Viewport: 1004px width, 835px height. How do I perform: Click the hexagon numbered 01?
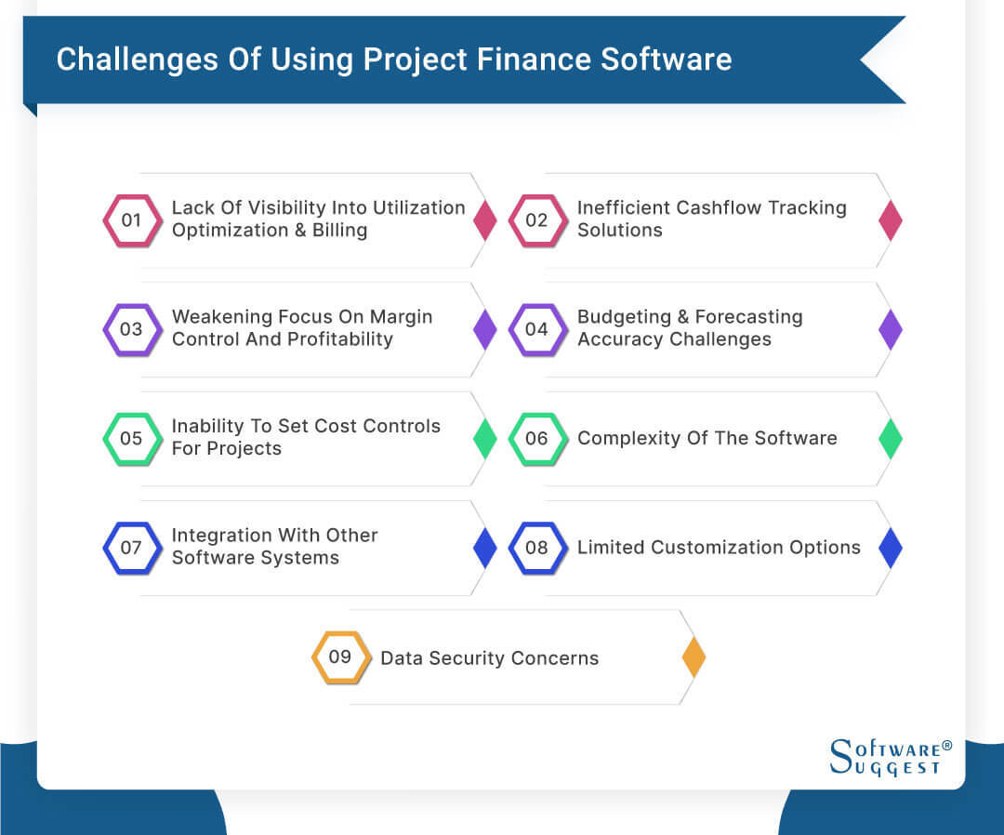pyautogui.click(x=132, y=220)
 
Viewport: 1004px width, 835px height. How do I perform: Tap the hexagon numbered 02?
pyautogui.click(x=537, y=220)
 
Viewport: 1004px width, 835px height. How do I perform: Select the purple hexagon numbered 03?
pyautogui.click(x=132, y=329)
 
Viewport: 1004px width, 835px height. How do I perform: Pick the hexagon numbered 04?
pyautogui.click(x=537, y=329)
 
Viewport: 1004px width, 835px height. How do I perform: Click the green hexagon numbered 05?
pyautogui.click(x=132, y=438)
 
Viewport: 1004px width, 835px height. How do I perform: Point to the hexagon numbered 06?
pyautogui.click(x=537, y=438)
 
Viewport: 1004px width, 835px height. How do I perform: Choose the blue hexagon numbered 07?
pyautogui.click(x=132, y=548)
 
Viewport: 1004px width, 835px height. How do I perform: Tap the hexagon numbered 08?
pyautogui.click(x=537, y=548)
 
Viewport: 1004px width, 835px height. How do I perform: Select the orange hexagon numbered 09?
pyautogui.click(x=340, y=657)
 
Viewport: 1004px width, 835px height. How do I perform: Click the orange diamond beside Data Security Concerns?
pyautogui.click(x=694, y=657)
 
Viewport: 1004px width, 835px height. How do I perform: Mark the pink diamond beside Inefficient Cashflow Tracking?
pyautogui.click(x=891, y=220)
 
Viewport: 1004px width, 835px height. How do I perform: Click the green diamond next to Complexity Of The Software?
pyautogui.click(x=891, y=438)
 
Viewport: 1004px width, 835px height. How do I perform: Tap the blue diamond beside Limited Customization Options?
pyautogui.click(x=891, y=548)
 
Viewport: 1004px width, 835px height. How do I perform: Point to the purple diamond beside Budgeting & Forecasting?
pyautogui.click(x=891, y=329)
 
